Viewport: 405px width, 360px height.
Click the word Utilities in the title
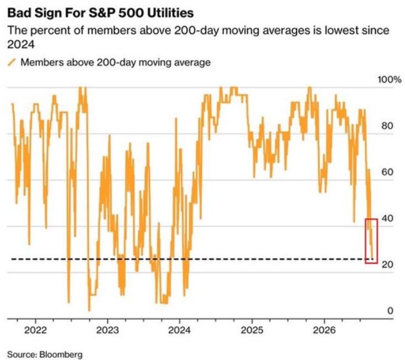point(169,13)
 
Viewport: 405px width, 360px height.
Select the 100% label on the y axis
point(390,80)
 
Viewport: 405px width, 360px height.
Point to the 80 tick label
point(387,126)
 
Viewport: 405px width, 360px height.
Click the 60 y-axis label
point(387,172)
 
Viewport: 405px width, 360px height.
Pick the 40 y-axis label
point(387,218)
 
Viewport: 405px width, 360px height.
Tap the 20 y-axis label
point(387,264)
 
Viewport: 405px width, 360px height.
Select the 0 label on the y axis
point(390,311)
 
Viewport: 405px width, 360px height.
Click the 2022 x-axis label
point(35,330)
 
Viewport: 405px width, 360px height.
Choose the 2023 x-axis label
point(107,330)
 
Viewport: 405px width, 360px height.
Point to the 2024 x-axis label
point(179,330)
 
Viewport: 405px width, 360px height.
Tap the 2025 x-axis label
point(252,330)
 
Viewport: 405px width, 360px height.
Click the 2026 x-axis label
point(324,330)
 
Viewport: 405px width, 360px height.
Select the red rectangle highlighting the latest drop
point(365,241)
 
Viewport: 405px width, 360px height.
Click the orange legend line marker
point(12,62)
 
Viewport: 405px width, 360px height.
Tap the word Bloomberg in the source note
point(61,354)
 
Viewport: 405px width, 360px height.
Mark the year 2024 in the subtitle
point(20,44)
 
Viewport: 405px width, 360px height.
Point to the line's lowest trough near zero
point(90,310)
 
